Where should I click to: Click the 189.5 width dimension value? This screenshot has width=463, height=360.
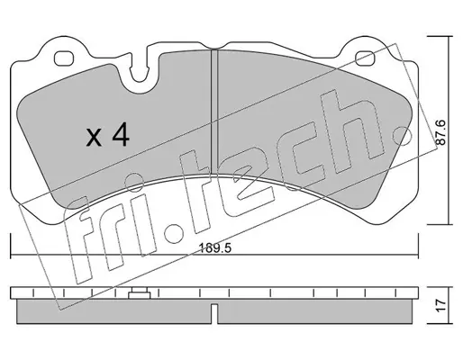[x=215, y=248]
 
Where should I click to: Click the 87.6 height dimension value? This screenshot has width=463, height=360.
[x=440, y=132]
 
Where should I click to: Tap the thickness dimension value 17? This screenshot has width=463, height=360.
[x=440, y=305]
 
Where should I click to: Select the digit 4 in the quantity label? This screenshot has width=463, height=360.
[x=121, y=135]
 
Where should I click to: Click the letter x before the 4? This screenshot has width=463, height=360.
[x=94, y=139]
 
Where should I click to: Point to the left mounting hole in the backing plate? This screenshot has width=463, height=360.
[x=64, y=58]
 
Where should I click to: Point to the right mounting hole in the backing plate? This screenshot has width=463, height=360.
[x=365, y=58]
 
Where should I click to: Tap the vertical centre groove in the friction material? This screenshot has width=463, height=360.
[x=214, y=112]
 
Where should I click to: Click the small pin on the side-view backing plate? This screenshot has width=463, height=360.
[x=140, y=293]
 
